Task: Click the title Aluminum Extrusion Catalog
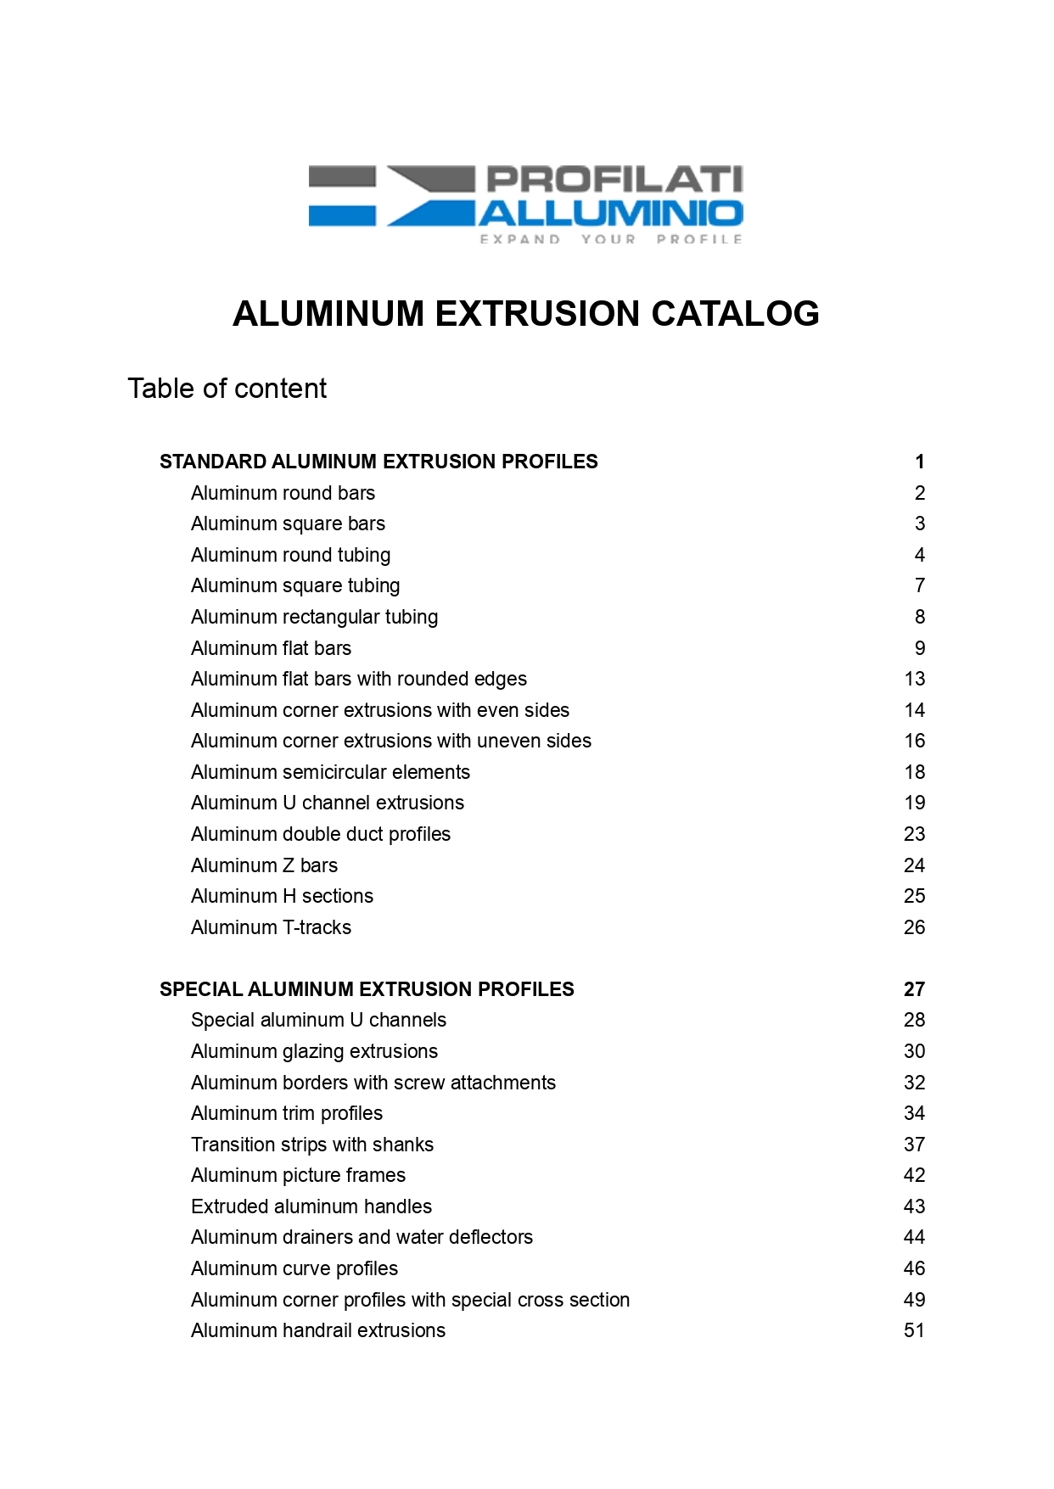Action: pyautogui.click(x=525, y=314)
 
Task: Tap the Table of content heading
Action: pyautogui.click(x=227, y=389)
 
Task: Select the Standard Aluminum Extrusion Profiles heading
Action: pyautogui.click(x=378, y=462)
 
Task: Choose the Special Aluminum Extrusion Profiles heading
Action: pyautogui.click(x=367, y=989)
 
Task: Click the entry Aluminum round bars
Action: pyautogui.click(x=283, y=493)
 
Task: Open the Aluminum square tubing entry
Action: pyautogui.click(x=295, y=585)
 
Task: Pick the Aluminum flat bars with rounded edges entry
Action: pyautogui.click(x=358, y=679)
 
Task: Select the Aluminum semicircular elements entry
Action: pyautogui.click(x=330, y=772)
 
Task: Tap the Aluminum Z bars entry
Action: pyautogui.click(x=264, y=865)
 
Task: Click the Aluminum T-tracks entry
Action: pyautogui.click(x=271, y=927)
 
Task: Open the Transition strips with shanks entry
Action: pyautogui.click(x=311, y=1145)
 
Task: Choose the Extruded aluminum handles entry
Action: pyautogui.click(x=311, y=1206)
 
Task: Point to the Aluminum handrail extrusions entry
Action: pyautogui.click(x=317, y=1330)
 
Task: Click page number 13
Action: pyautogui.click(x=914, y=679)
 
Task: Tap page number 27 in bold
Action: pyautogui.click(x=914, y=989)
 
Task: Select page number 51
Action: pyautogui.click(x=914, y=1330)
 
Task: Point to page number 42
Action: pyautogui.click(x=914, y=1175)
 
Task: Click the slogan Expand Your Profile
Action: pyautogui.click(x=611, y=239)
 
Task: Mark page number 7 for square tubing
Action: pyautogui.click(x=919, y=585)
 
